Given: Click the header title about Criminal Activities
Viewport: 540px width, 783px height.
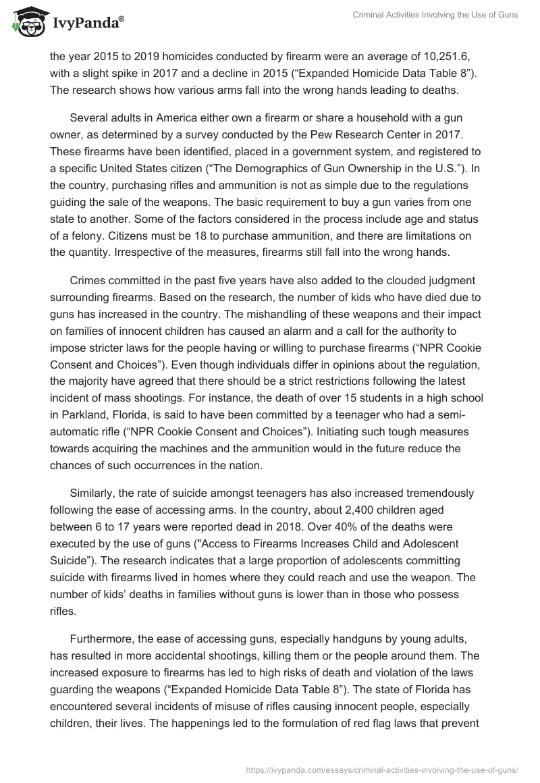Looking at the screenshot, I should coord(435,16).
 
